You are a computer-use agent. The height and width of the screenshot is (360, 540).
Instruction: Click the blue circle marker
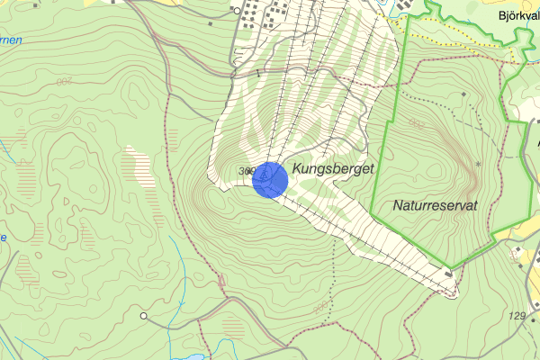[269, 179]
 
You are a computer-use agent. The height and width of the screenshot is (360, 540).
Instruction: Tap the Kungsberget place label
[332, 168]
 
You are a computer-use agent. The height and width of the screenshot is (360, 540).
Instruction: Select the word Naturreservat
[435, 206]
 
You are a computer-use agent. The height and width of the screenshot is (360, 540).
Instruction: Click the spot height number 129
[517, 316]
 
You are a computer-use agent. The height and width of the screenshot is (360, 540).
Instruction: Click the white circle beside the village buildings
[238, 11]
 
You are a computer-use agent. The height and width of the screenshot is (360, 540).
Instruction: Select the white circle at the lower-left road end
[144, 316]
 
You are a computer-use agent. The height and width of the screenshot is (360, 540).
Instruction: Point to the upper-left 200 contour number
[64, 82]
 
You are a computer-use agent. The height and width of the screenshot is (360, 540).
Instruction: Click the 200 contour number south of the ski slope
[321, 308]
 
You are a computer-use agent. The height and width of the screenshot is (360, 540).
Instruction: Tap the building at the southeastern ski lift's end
[448, 273]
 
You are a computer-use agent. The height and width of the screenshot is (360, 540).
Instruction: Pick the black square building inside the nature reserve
[463, 94]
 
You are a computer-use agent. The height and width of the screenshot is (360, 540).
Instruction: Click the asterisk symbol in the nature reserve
[478, 164]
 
